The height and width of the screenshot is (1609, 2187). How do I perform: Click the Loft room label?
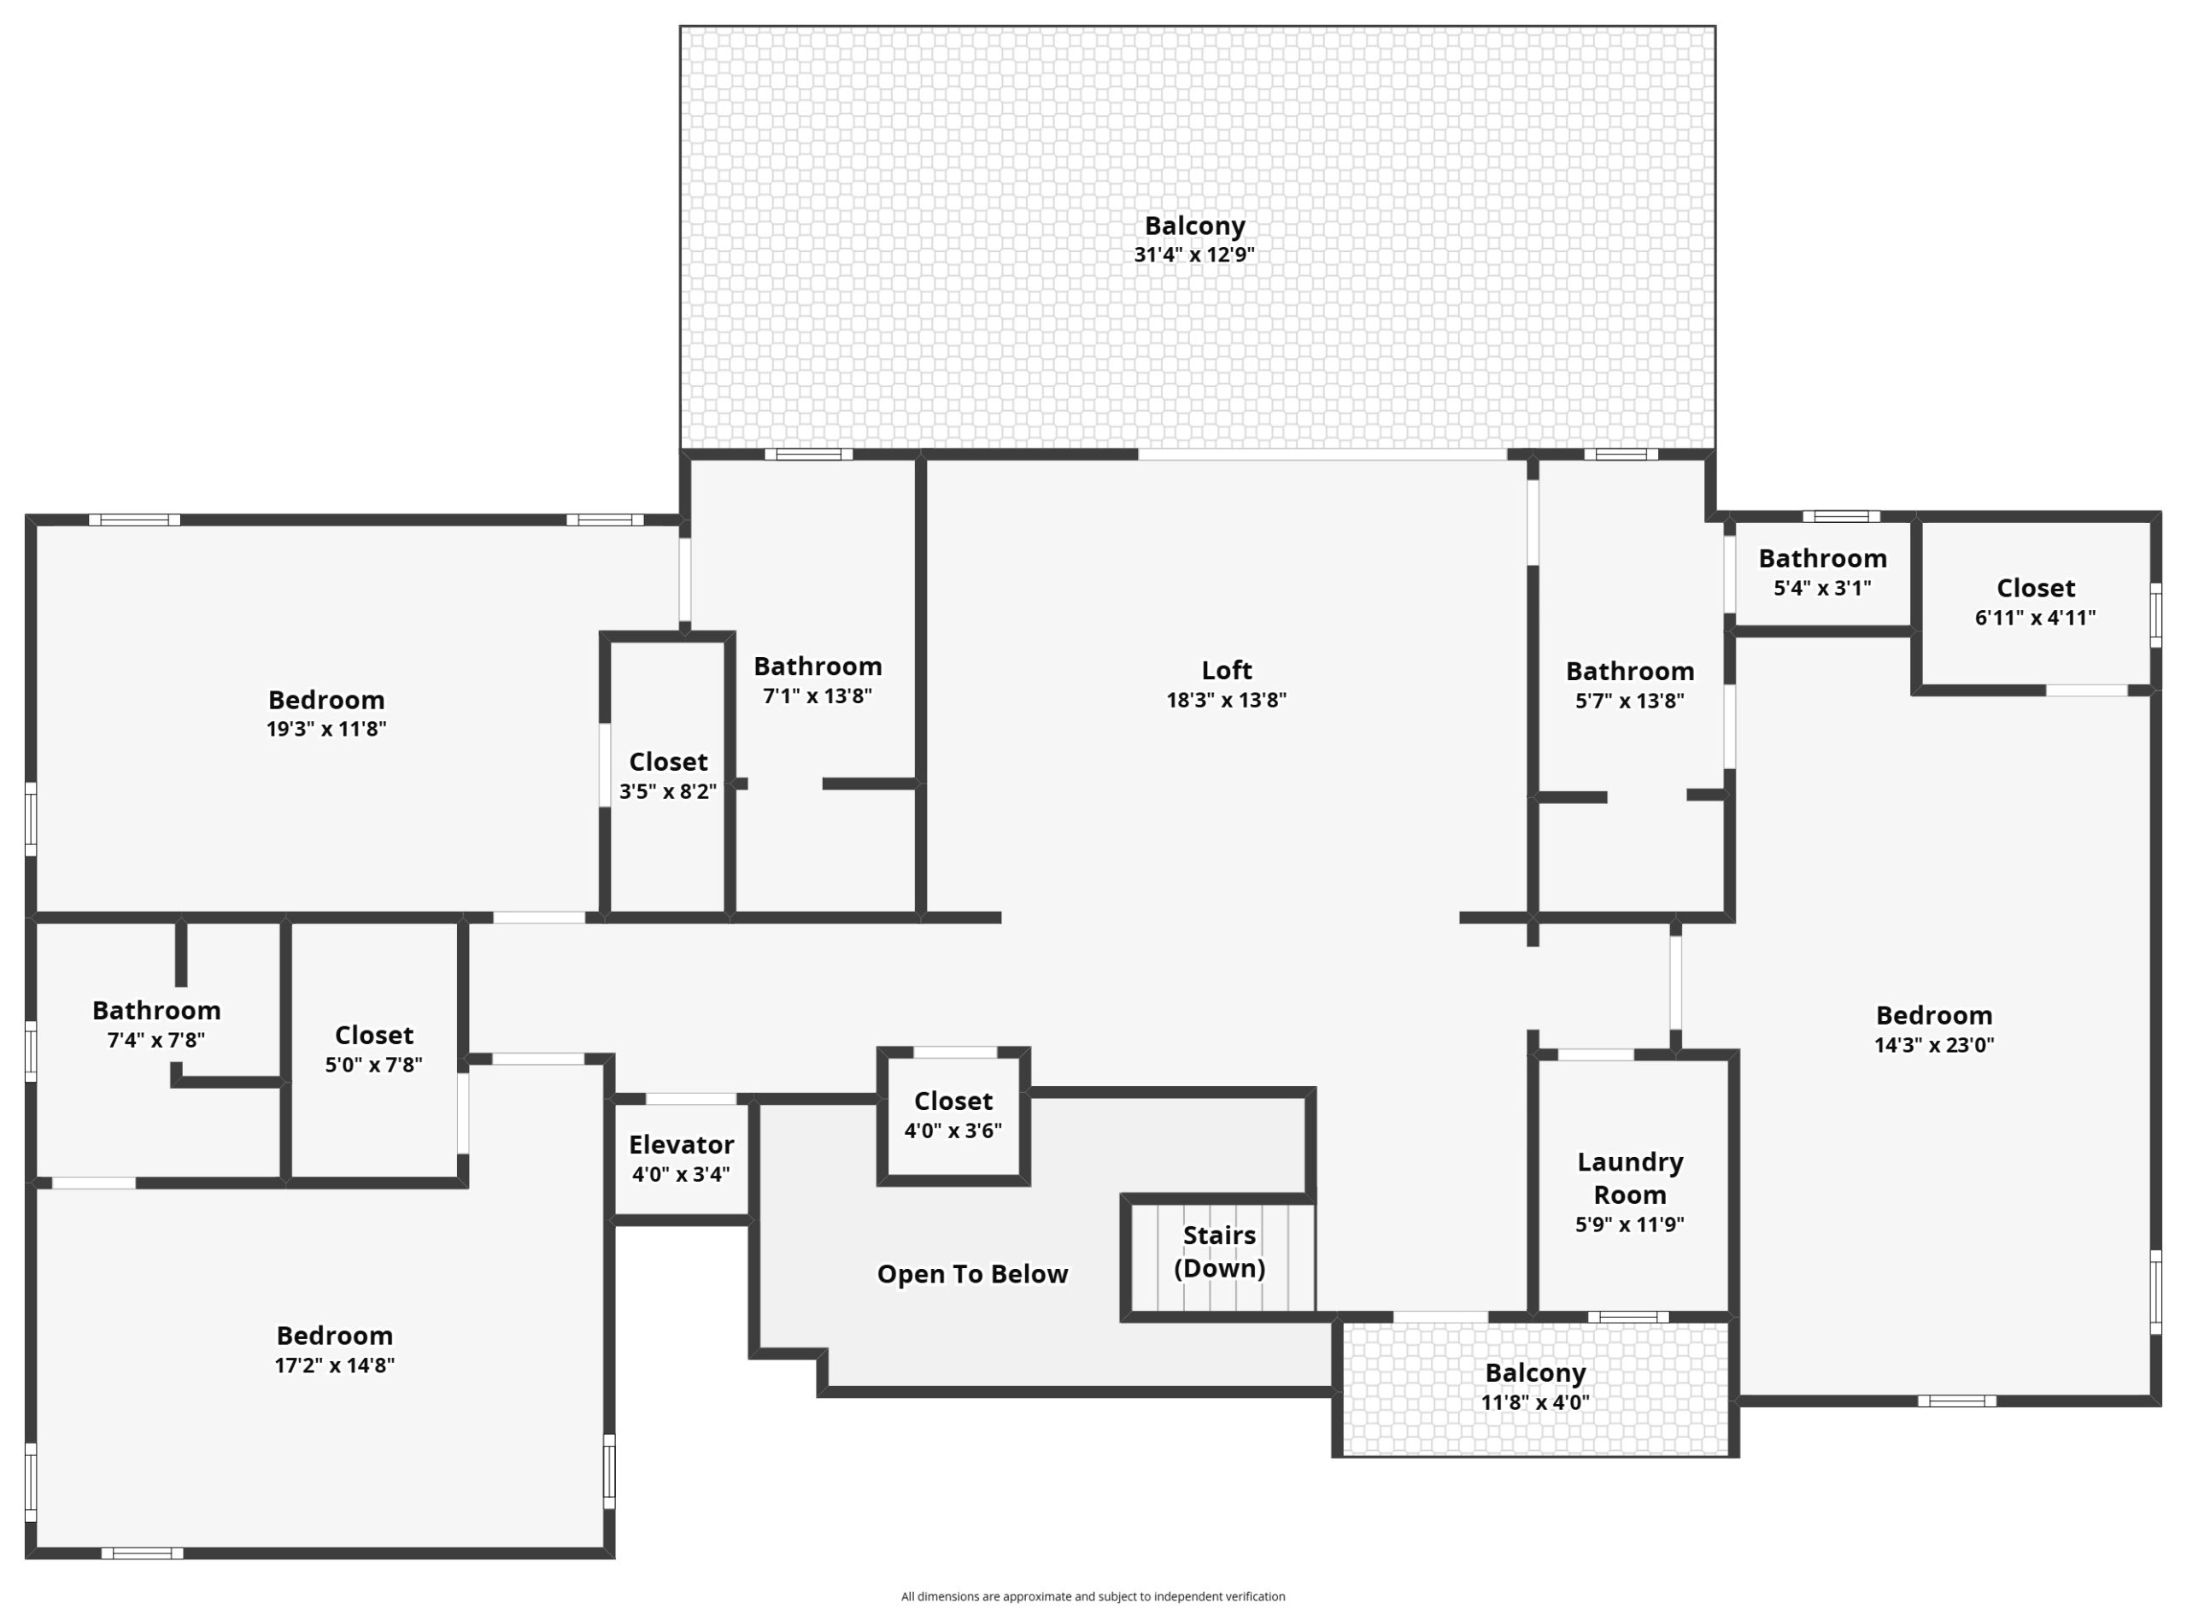[1226, 670]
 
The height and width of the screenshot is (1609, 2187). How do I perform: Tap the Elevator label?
[681, 1144]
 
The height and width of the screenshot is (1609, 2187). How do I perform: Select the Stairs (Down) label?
[1219, 1252]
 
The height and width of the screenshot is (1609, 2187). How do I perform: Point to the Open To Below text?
[972, 1274]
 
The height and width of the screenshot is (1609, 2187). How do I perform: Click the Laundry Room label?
[1629, 1178]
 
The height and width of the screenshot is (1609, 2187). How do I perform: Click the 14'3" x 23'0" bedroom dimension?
[1934, 1045]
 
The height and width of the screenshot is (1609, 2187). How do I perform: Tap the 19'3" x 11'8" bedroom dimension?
[326, 729]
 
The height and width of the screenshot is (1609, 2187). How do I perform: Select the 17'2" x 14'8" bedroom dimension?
[334, 1365]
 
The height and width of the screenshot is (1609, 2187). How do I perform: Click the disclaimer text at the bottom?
[1093, 1596]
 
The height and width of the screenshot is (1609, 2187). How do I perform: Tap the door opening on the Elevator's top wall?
[690, 1099]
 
